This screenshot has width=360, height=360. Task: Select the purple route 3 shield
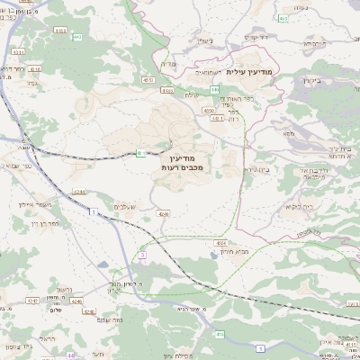(142, 256)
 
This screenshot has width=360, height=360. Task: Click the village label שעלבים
(125, 207)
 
